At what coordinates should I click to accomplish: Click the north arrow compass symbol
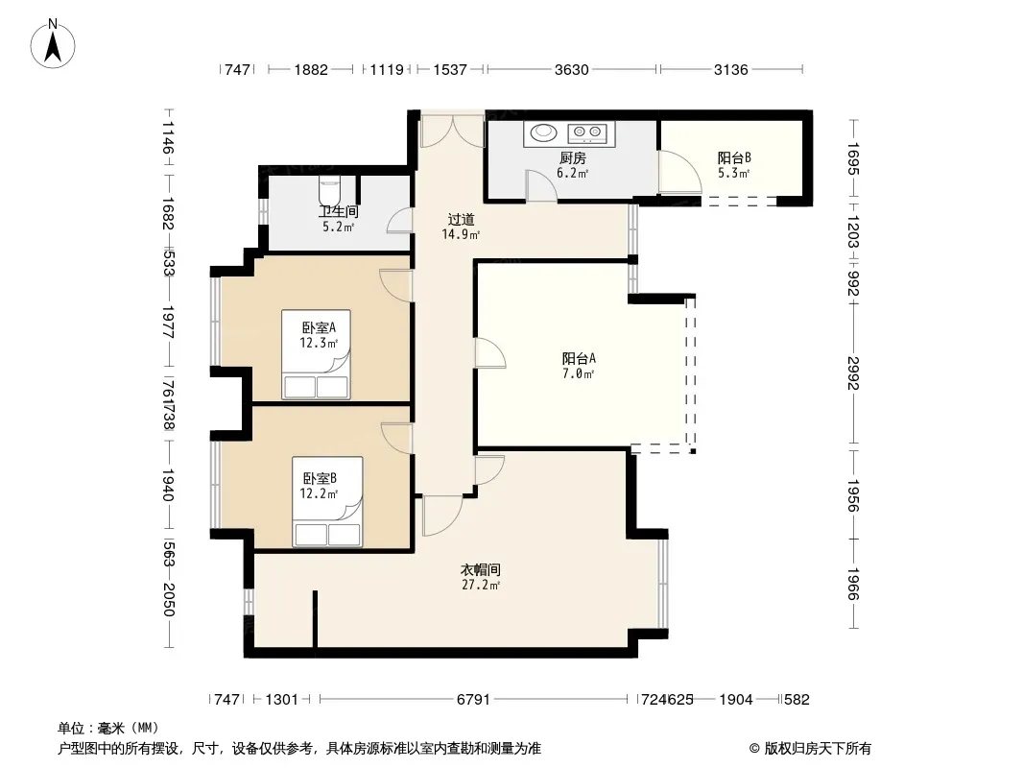(53, 44)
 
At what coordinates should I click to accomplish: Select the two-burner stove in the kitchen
(587, 133)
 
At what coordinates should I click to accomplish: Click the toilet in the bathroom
(329, 190)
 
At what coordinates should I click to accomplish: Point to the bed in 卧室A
(317, 354)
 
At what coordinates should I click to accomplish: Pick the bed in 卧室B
(327, 501)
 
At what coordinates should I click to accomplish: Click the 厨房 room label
(573, 157)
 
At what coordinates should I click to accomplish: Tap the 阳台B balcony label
(734, 157)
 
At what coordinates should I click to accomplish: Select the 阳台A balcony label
(579, 358)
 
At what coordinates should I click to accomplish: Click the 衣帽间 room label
(481, 569)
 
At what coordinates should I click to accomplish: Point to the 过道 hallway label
(461, 219)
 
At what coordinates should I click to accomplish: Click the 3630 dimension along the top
(572, 69)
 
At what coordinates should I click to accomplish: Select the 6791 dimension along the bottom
(473, 700)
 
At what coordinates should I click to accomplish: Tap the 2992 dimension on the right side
(853, 372)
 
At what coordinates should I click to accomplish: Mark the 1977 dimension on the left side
(168, 322)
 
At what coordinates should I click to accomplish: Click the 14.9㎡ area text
(461, 234)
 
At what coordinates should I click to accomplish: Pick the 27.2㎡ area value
(481, 585)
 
